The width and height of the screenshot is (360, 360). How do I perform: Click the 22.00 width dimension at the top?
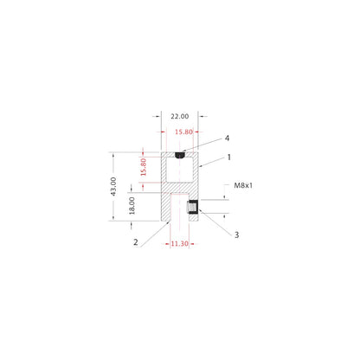click(180, 115)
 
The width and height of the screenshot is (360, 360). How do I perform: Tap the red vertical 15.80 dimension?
click(145, 167)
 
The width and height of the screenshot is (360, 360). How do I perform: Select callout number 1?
click(229, 157)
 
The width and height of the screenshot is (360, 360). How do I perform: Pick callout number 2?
click(136, 242)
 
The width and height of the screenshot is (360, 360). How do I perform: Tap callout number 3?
click(235, 234)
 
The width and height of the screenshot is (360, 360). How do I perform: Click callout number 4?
click(227, 138)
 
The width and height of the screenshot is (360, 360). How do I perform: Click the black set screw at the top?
click(180, 156)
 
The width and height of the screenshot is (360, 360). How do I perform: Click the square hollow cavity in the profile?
click(179, 170)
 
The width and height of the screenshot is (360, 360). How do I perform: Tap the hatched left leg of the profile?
click(164, 208)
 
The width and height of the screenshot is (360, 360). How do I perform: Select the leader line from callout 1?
click(212, 161)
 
